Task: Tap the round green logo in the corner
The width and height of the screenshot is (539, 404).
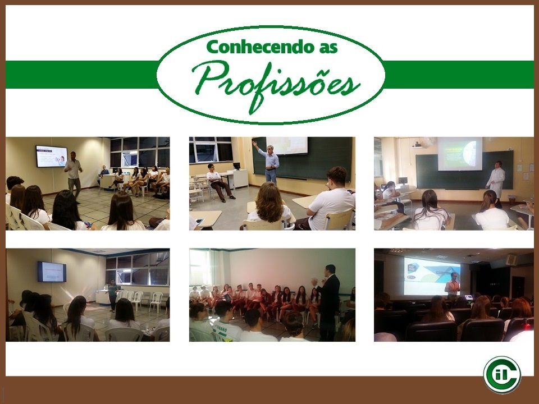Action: pos(502,375)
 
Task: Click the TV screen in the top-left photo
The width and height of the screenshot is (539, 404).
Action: pos(52,157)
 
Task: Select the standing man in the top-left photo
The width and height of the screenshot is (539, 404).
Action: pos(73,176)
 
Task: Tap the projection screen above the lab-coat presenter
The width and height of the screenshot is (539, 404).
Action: pos(460,154)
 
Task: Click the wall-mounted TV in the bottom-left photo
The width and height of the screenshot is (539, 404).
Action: pos(52,272)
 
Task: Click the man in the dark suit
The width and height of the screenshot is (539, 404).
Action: pos(328,302)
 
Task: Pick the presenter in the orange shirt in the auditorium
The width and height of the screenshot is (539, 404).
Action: pos(453,284)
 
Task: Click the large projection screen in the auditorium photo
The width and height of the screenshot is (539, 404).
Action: pos(432,276)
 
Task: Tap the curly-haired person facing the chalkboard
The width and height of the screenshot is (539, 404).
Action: pos(270,206)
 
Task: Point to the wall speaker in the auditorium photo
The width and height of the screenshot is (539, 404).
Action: pos(511,259)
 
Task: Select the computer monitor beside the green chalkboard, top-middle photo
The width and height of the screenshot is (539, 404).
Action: pos(236,166)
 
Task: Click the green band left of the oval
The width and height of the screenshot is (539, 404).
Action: pos(82,75)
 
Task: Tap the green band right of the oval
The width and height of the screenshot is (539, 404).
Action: pos(459,75)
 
